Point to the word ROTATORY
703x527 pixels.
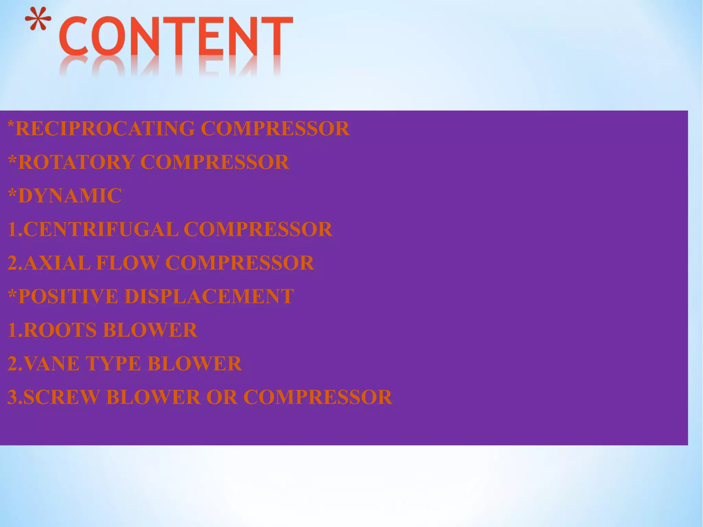[76, 162]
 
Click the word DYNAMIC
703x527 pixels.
[70, 195]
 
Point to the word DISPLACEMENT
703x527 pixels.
[209, 296]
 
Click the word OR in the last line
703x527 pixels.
[222, 397]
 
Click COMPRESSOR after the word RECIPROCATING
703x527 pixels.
[275, 129]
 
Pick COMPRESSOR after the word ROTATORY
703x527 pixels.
[215, 162]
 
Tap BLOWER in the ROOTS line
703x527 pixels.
[150, 330]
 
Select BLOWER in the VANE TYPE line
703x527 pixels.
[195, 363]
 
